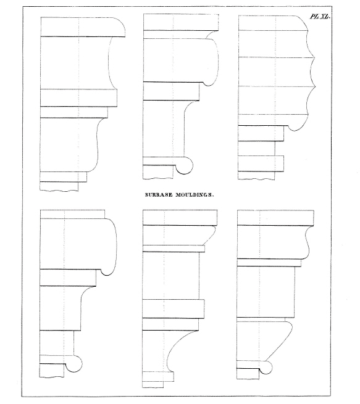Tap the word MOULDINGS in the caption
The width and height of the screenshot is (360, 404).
click(195, 195)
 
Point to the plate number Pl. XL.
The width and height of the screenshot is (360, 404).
click(320, 17)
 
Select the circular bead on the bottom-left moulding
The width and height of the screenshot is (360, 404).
click(74, 363)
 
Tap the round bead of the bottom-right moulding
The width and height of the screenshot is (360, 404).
click(266, 367)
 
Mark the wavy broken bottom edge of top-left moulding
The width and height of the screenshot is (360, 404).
click(59, 191)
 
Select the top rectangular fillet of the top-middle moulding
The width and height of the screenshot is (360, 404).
click(181, 22)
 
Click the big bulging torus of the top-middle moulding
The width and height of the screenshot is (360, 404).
click(212, 62)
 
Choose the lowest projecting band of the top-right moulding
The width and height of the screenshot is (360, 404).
click(261, 163)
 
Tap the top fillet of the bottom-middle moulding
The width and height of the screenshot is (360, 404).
click(180, 218)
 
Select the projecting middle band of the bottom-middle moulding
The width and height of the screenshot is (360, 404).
click(174, 308)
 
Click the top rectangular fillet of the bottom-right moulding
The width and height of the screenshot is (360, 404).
click(275, 218)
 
